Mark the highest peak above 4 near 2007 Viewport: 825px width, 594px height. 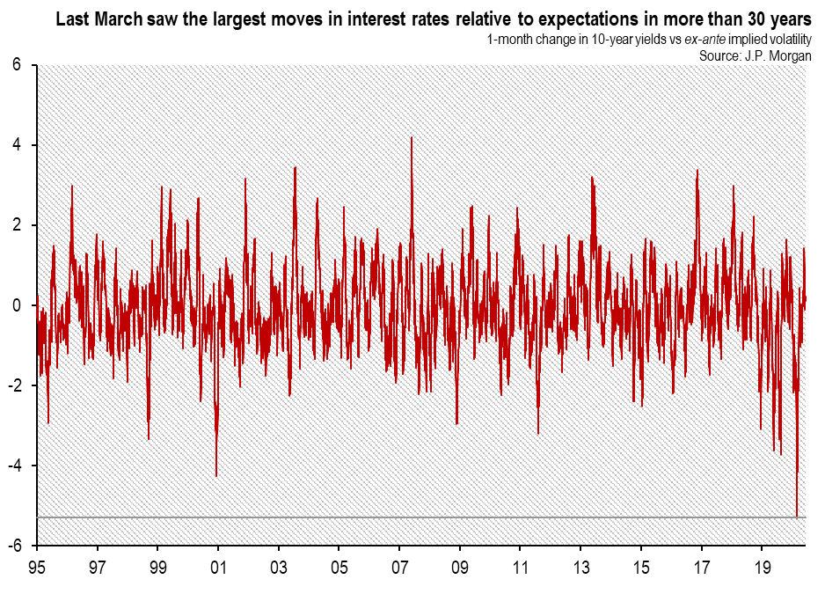(x=411, y=137)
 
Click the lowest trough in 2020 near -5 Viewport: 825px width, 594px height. (x=797, y=516)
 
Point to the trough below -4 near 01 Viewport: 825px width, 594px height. (x=216, y=476)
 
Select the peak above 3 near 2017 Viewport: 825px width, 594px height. (x=697, y=171)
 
